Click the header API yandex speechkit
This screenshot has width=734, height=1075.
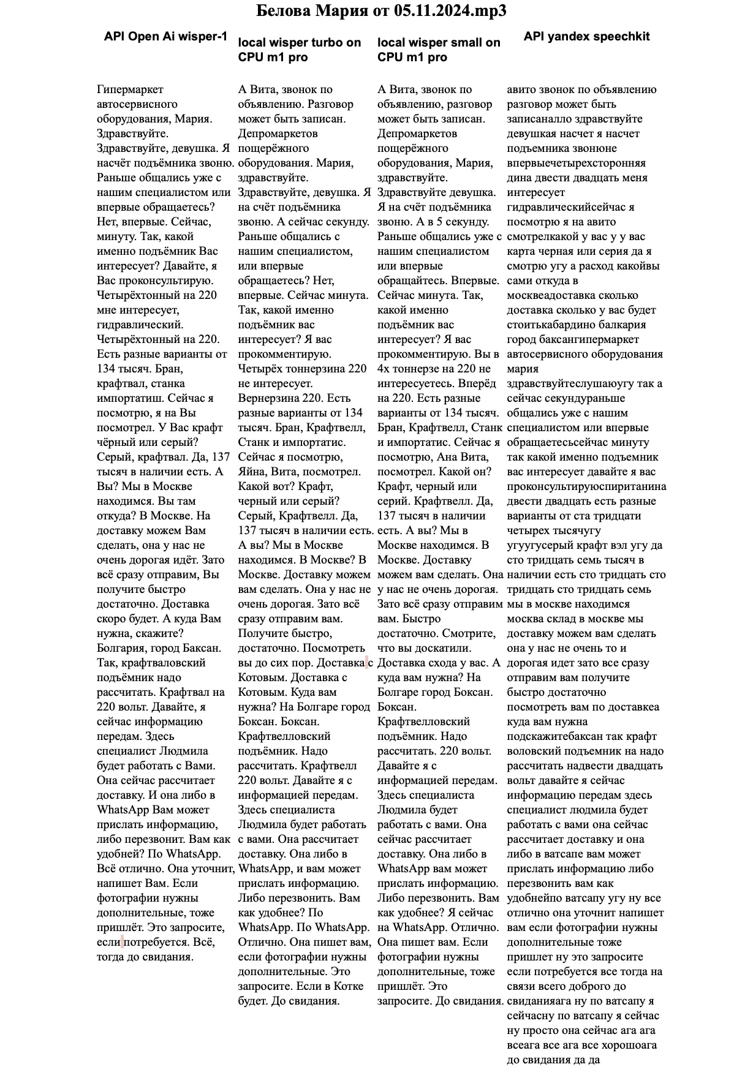point(586,36)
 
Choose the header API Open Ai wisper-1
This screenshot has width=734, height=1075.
point(165,37)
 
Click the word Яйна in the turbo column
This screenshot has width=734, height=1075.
point(253,472)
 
